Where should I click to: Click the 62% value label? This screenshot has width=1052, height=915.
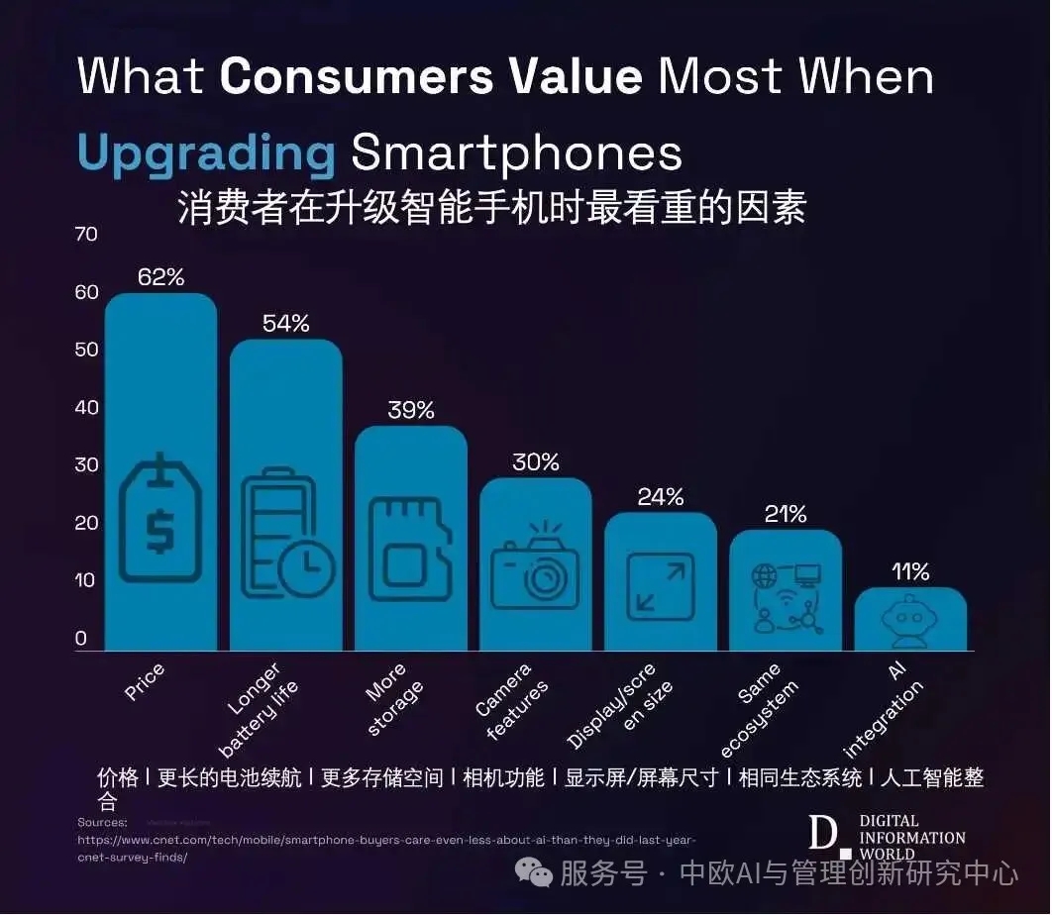160,276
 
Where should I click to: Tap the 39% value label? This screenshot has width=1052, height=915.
410,409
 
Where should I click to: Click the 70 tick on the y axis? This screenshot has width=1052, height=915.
87,234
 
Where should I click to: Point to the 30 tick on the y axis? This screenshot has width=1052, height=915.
87,464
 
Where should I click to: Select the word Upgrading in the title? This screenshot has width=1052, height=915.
206,153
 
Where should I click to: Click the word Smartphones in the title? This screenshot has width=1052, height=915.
516,153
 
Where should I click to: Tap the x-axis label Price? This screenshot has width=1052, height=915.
145,682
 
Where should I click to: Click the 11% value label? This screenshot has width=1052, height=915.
909,571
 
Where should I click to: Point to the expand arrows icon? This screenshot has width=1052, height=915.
661,586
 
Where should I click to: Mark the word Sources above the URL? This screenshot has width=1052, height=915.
102,822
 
